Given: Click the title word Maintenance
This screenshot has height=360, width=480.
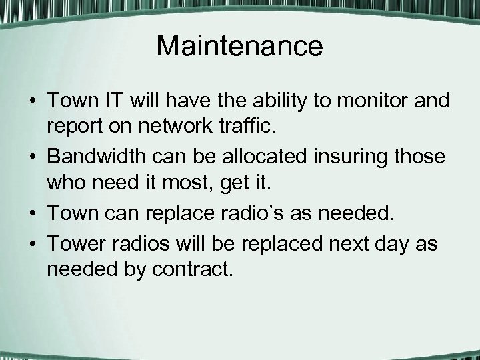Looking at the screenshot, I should (x=239, y=46).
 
